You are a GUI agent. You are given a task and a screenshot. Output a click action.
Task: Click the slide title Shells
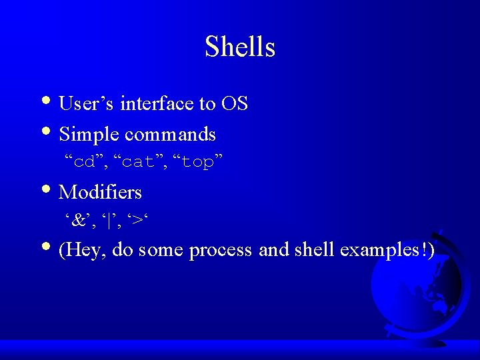tap(240, 47)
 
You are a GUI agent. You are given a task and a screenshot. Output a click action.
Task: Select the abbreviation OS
tap(235, 104)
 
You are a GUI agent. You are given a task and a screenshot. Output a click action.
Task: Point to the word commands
tap(170, 135)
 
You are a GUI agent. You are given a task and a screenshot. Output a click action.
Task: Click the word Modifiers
tap(100, 193)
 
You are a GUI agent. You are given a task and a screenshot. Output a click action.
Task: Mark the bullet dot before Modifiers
tap(52, 192)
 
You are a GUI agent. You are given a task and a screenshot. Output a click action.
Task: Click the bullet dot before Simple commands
tap(52, 134)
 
